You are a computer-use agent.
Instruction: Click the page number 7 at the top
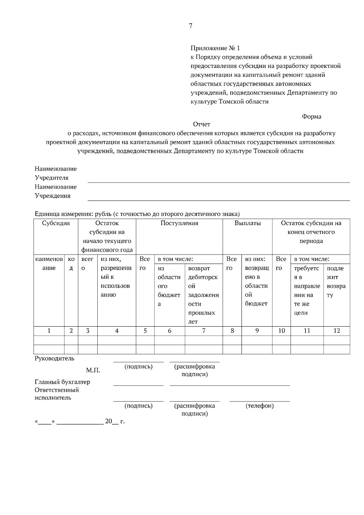pos(190,26)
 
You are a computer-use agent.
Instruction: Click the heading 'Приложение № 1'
pos(215,48)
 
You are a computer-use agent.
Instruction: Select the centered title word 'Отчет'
pos(201,124)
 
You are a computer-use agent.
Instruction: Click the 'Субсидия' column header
pos(56,223)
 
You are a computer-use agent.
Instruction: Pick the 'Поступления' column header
pos(179,223)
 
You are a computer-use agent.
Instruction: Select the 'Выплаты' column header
pos(248,223)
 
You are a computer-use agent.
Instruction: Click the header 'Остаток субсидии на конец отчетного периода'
pos(311,232)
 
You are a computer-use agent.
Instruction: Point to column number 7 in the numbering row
pos(204,331)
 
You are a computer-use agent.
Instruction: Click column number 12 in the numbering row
pos(336,331)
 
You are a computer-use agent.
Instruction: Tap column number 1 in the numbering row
pos(49,331)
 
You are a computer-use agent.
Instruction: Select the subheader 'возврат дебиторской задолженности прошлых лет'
pos(203,295)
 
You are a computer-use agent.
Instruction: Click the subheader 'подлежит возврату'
pos(336,281)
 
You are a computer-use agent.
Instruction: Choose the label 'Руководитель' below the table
pos(54,358)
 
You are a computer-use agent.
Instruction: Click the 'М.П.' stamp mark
pos(93,370)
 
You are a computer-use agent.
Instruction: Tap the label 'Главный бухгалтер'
pos(62,382)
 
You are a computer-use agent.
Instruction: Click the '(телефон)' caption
pos(259,406)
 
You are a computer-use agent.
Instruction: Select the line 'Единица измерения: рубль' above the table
pos(137,214)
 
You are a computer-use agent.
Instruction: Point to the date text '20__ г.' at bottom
pos(115,421)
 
